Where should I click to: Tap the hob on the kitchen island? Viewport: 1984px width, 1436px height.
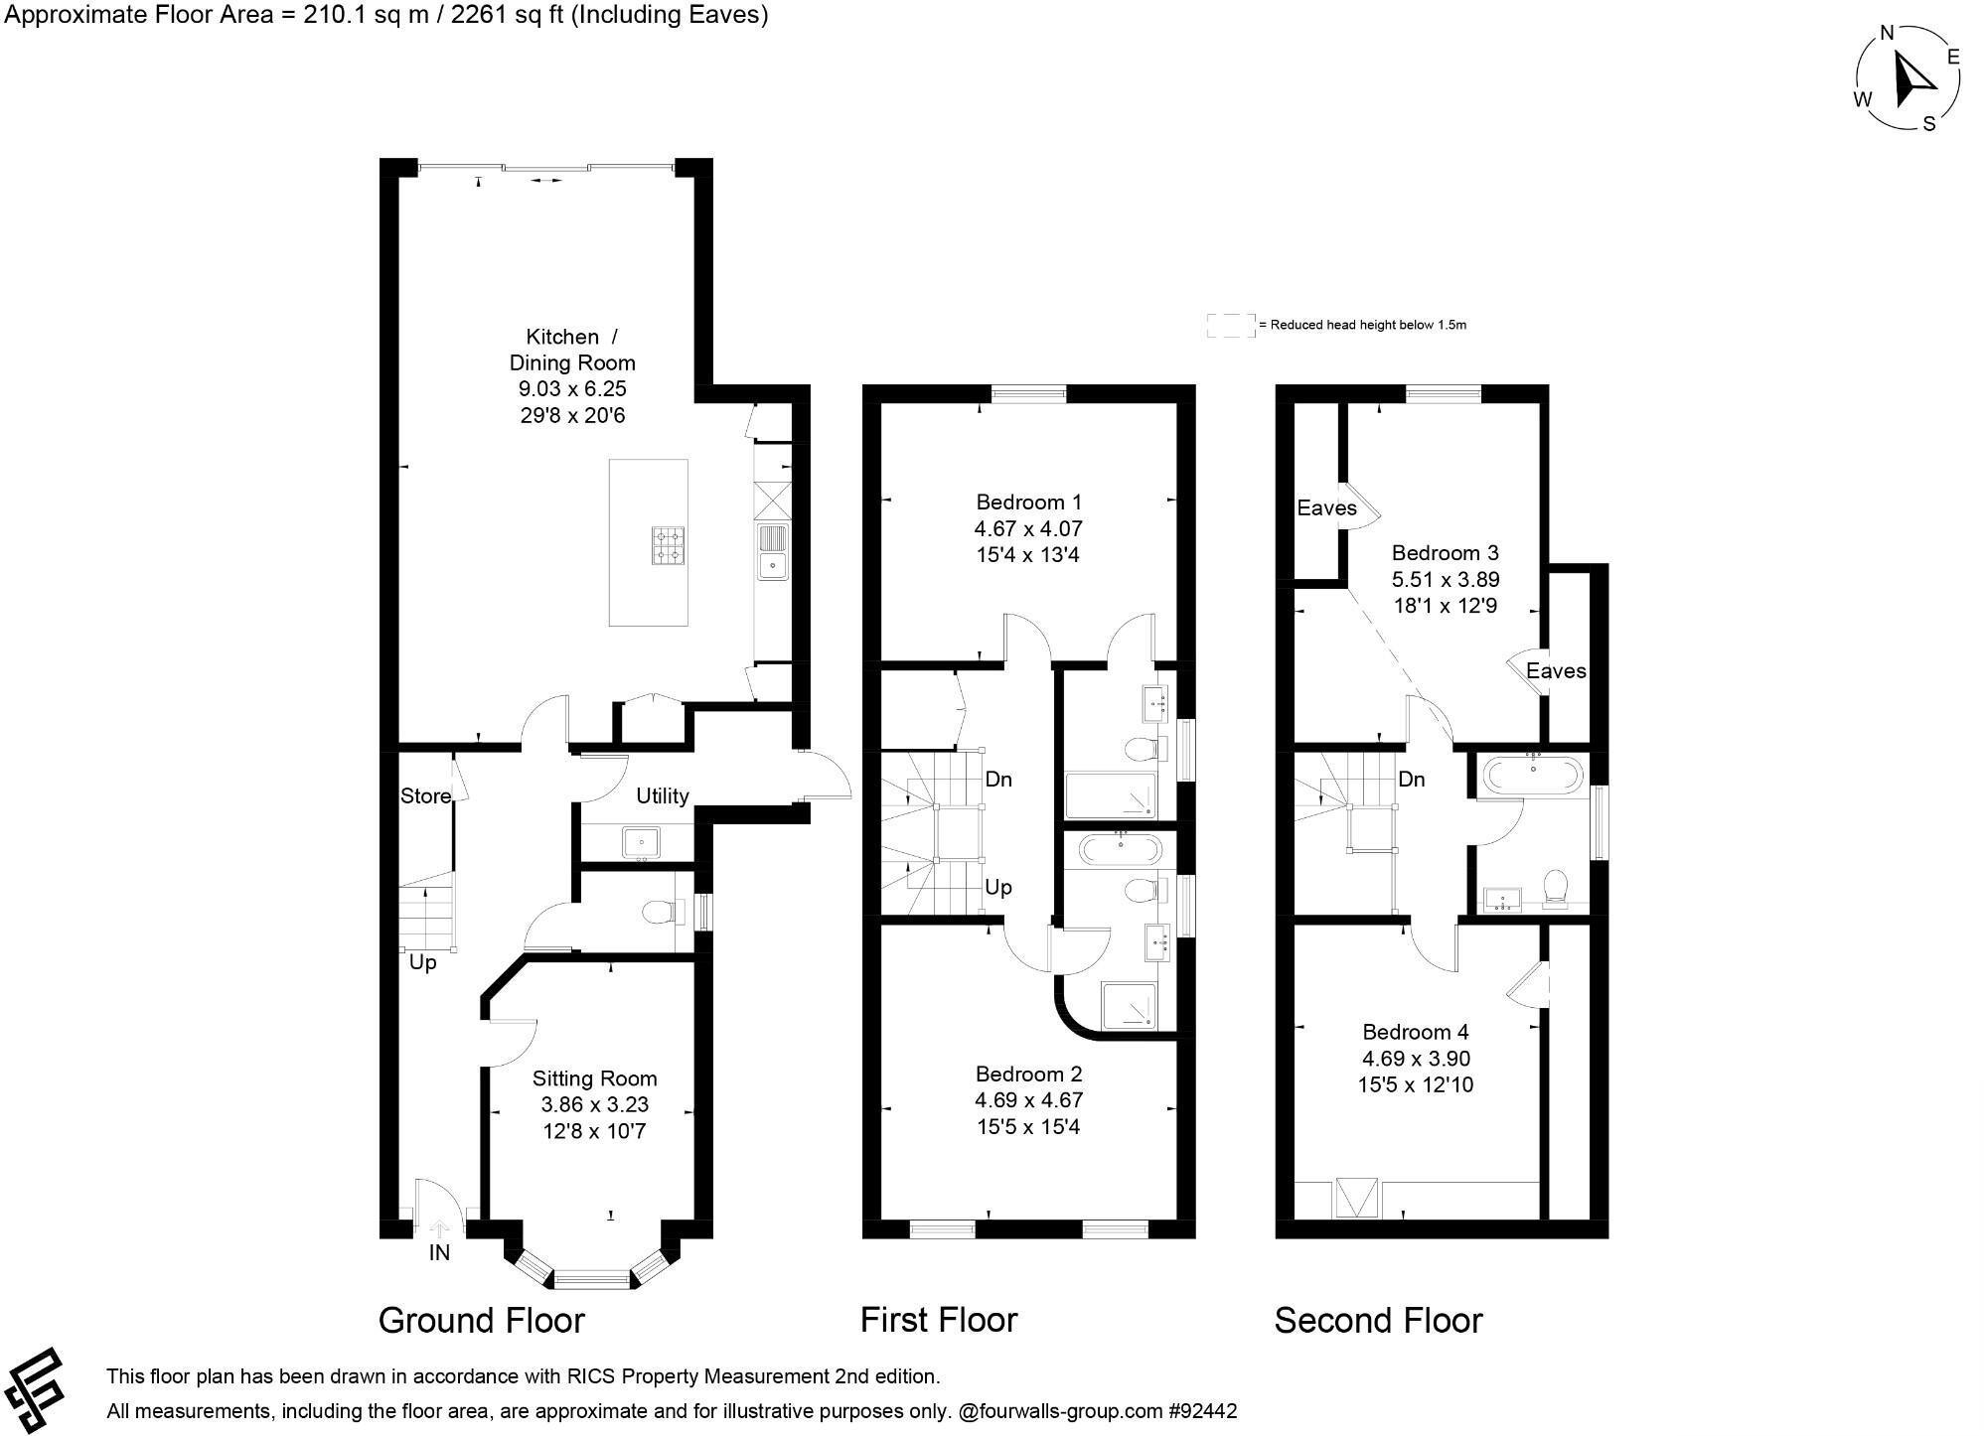(x=668, y=545)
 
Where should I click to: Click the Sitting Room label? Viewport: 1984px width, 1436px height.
(x=594, y=1078)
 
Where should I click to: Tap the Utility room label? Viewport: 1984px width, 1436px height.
(x=663, y=795)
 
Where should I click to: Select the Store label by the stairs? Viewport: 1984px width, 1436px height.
(x=425, y=795)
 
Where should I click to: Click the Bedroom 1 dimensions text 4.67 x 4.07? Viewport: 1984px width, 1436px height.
(x=1028, y=528)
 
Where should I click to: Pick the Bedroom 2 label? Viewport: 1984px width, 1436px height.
(x=1028, y=1074)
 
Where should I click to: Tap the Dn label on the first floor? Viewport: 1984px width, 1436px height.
(x=998, y=780)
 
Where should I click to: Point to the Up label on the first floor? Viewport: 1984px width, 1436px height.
(x=998, y=887)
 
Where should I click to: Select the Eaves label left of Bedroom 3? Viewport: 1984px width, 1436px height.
(x=1326, y=508)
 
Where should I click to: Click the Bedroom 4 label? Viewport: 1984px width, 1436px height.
(x=1415, y=1032)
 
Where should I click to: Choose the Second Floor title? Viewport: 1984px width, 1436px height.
(x=1378, y=1320)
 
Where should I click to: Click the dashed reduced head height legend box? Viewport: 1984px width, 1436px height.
(x=1230, y=325)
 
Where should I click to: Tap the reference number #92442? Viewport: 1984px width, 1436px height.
(x=1203, y=1410)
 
